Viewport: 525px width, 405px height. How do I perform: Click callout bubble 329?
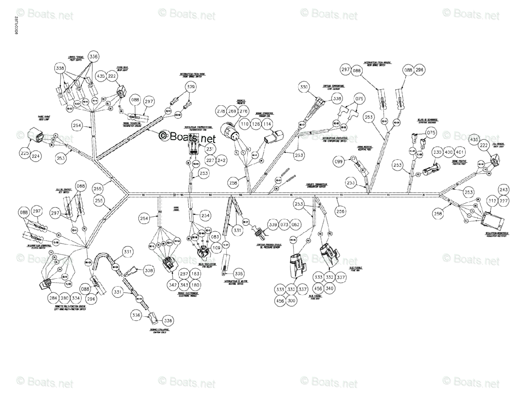(191, 88)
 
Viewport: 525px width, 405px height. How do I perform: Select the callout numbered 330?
(304, 87)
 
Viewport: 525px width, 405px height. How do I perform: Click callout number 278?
(221, 112)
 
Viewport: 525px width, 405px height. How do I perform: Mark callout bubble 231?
(210, 149)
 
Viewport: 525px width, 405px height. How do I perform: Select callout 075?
(431, 132)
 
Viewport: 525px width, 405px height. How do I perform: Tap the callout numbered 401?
(459, 152)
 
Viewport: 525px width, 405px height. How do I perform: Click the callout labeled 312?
(492, 201)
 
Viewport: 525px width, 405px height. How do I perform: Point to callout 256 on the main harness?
(340, 211)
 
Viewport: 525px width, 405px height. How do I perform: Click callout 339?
(273, 225)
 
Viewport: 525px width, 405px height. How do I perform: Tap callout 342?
(172, 285)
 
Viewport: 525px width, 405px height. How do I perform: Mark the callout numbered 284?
(54, 298)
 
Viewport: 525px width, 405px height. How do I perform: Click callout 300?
(292, 301)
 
